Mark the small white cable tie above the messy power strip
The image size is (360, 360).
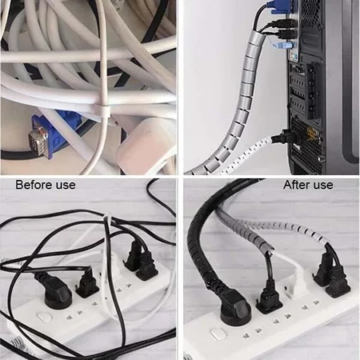click(107, 217)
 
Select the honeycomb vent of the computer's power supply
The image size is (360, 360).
click(305, 141)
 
